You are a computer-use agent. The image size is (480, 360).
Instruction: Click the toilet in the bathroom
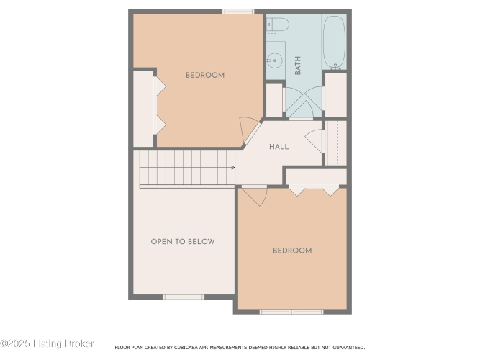click(x=277, y=24)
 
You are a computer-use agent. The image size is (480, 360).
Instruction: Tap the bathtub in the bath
click(x=335, y=42)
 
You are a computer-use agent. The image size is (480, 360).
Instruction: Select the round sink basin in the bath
click(x=274, y=60)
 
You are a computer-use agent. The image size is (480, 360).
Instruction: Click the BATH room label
click(x=297, y=66)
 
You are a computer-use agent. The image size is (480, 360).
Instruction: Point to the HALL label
click(x=279, y=147)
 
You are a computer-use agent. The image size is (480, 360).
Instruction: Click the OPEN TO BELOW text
click(x=183, y=241)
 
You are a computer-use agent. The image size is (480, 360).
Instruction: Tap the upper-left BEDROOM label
click(x=205, y=75)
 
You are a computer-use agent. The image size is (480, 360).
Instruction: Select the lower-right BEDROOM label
click(x=292, y=251)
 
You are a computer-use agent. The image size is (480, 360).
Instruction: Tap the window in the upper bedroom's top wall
click(x=238, y=12)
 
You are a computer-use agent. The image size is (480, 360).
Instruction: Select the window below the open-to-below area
click(x=184, y=297)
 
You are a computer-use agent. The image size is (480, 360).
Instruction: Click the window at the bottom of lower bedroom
click(x=291, y=312)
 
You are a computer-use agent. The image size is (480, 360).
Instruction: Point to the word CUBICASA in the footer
click(x=186, y=348)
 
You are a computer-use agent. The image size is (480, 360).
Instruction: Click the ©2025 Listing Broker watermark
click(x=47, y=343)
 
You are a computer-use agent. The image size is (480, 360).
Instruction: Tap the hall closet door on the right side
click(x=314, y=141)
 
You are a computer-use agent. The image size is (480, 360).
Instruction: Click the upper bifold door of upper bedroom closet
click(x=159, y=86)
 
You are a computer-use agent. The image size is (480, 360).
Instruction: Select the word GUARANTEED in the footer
click(x=349, y=348)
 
